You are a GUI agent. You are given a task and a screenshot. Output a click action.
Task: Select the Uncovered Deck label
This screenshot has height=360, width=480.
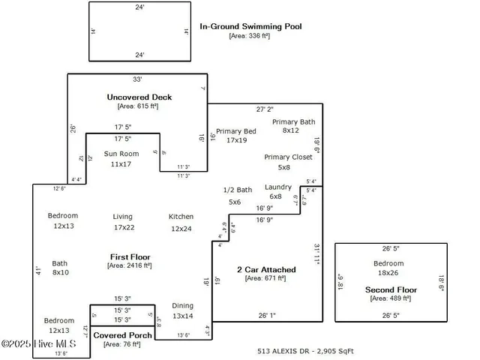click(139, 97)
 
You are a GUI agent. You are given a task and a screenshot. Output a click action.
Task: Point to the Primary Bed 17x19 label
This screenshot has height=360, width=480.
click(236, 131)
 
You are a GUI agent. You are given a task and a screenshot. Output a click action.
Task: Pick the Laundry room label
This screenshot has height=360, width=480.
click(277, 187)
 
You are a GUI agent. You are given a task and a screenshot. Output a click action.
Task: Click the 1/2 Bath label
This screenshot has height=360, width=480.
click(238, 190)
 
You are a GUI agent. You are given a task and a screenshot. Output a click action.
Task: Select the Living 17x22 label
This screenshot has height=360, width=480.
click(123, 217)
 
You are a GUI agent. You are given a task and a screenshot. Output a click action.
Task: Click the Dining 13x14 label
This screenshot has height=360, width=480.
click(182, 306)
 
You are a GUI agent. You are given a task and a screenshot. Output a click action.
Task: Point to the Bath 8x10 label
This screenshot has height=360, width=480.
click(60, 263)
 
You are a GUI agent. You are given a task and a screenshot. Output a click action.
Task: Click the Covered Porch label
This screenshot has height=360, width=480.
click(122, 335)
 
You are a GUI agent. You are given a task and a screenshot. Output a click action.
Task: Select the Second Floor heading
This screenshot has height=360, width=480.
click(391, 289)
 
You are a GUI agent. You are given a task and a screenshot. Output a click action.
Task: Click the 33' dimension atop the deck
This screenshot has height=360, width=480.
click(138, 79)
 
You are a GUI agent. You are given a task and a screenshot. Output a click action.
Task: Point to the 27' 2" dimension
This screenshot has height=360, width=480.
click(265, 109)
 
